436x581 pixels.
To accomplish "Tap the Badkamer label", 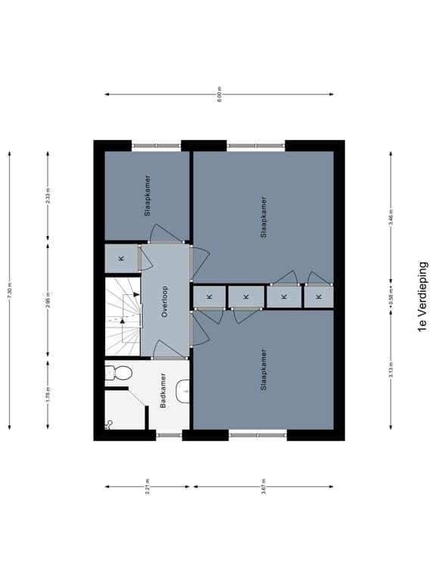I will [163, 390].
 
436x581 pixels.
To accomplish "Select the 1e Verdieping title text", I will [422, 297].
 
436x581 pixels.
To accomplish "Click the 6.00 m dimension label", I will [220, 95].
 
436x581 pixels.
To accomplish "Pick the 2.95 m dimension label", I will [48, 300].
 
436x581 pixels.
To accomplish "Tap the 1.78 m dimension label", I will [48, 395].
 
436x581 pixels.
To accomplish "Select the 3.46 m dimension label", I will [391, 218].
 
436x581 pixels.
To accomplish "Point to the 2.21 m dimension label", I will [148, 486].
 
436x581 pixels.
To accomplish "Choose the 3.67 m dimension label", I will [263, 486].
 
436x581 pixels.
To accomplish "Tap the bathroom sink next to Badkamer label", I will [182, 390].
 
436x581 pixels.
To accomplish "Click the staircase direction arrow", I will [122, 320].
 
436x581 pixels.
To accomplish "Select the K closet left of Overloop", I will [121, 259].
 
